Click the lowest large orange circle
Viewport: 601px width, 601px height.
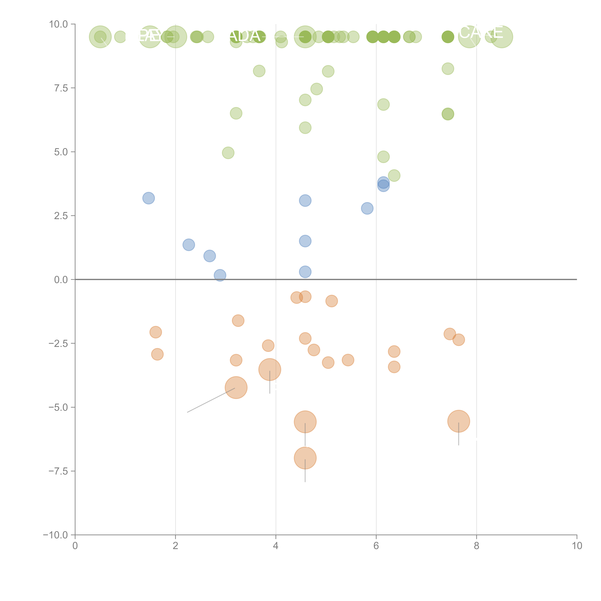(x=305, y=458)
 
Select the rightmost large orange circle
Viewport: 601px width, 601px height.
(x=459, y=421)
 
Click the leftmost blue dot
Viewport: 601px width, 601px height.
(x=149, y=198)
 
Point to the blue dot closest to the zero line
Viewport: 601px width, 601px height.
(x=220, y=275)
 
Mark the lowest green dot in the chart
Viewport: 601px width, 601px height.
(x=394, y=175)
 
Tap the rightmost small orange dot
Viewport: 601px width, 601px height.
(x=459, y=340)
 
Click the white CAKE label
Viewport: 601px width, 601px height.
(x=481, y=32)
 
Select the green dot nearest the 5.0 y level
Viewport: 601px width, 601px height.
(x=228, y=153)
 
